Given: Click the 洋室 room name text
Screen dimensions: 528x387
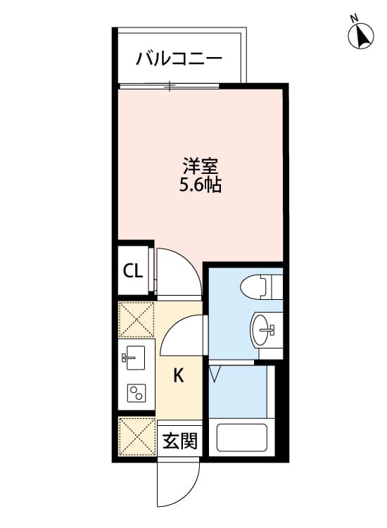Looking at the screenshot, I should click(201, 168).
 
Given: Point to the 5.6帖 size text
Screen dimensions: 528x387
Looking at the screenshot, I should click(201, 187).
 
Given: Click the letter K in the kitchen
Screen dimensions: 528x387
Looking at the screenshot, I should click(179, 376).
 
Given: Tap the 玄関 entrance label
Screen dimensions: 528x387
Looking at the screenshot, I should click(179, 441).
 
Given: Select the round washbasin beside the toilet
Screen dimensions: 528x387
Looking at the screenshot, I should click(264, 328).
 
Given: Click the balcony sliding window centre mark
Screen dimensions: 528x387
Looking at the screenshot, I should click(169, 87).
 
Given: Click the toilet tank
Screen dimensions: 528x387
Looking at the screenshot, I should click(275, 287).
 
